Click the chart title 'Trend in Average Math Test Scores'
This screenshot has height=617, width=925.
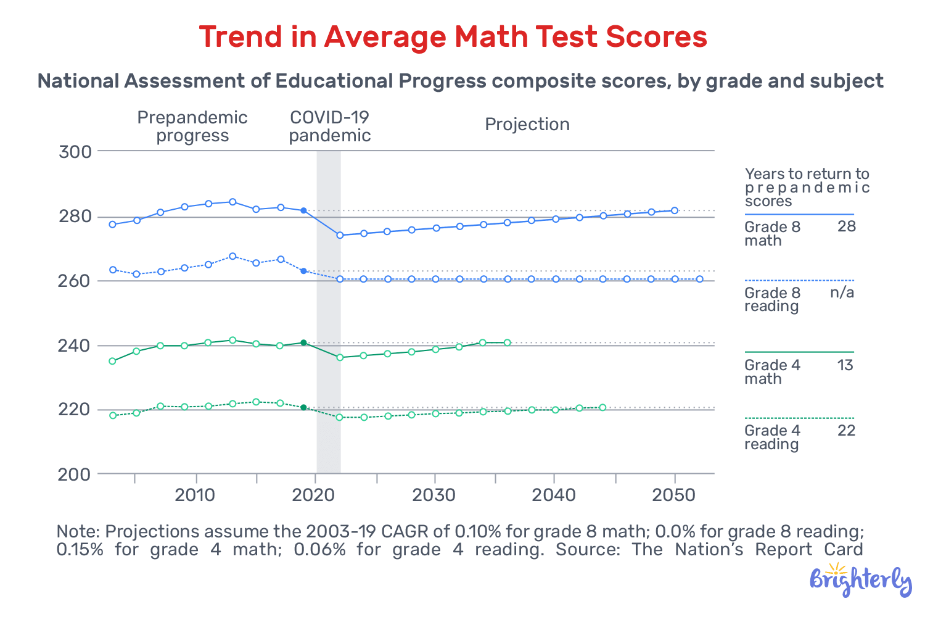pos(453,37)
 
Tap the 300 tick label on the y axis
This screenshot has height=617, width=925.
pos(75,152)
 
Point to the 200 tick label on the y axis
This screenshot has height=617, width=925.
pos(75,474)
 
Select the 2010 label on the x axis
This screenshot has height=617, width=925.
pos(195,495)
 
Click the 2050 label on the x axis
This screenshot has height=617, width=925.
pos(674,495)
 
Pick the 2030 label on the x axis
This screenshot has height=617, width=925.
pos(435,495)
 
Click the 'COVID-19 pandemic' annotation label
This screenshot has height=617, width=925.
pos(330,126)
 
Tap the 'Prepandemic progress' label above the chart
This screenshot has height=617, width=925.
pos(192,126)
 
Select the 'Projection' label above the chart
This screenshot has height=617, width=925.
pos(527,125)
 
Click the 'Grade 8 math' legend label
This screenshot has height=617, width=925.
pos(772,234)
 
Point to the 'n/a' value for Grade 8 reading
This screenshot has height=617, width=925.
pos(842,292)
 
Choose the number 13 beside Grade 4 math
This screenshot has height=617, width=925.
pos(845,365)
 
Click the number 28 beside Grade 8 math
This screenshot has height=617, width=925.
pos(846,227)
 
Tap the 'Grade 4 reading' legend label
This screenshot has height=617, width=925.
pos(772,437)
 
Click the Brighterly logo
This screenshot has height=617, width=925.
pos(860,581)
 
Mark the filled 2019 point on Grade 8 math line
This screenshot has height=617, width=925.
pos(303,210)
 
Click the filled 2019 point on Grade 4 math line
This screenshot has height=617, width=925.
pos(303,342)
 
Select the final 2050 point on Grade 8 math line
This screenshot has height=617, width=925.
pos(675,210)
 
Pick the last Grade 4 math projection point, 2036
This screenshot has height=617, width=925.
pos(507,342)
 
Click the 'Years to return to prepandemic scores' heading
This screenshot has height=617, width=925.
pos(807,188)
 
